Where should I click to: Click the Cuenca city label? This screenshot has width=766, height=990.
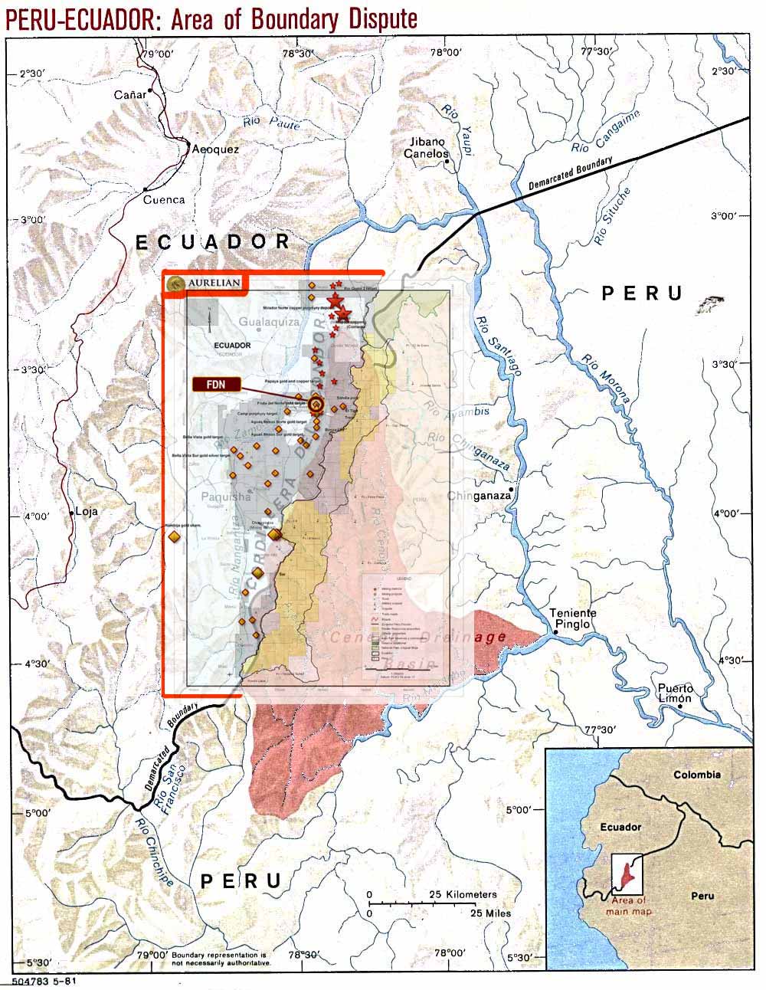(x=164, y=199)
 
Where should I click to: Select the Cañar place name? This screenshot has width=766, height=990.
(x=129, y=94)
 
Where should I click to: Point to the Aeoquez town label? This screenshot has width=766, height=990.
(x=215, y=149)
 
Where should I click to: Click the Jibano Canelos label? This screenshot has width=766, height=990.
(x=427, y=148)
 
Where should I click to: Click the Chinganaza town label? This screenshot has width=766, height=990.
(x=480, y=496)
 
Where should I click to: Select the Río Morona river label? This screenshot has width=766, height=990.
(x=605, y=379)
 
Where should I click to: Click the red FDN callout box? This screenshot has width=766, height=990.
(x=217, y=384)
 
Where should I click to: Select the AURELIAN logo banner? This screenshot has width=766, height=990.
(x=205, y=284)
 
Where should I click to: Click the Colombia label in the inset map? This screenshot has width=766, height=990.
(x=696, y=774)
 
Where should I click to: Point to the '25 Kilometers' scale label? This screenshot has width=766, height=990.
(x=462, y=894)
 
